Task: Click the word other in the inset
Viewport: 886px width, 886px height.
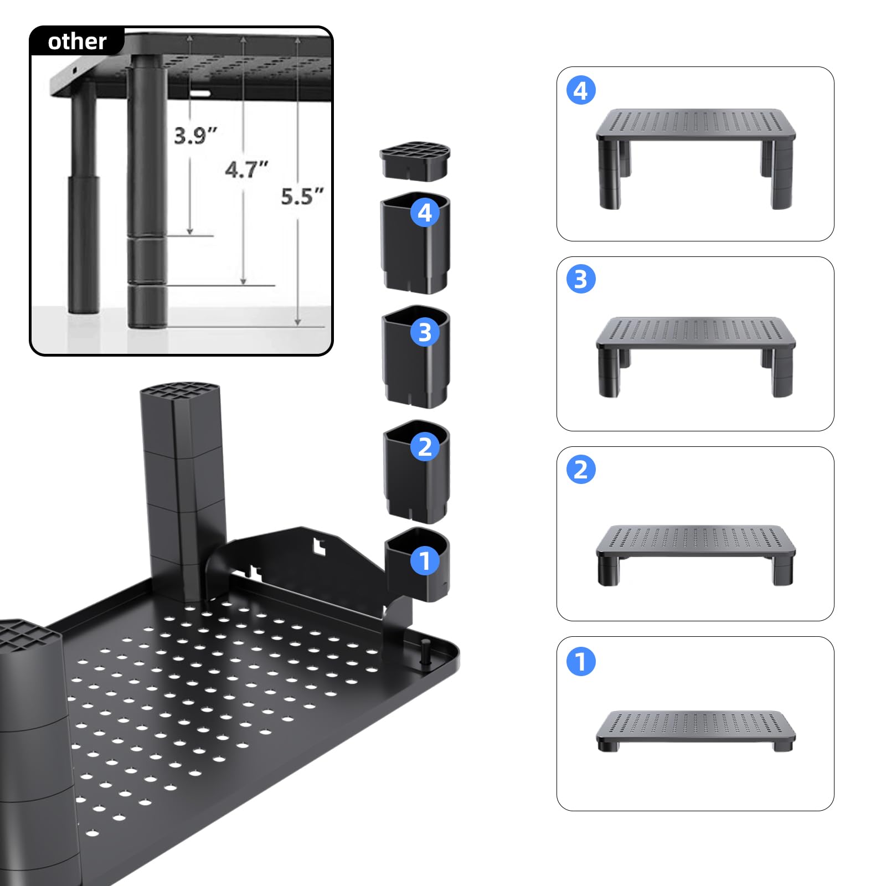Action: click(77, 42)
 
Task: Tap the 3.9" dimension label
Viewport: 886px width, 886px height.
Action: click(195, 135)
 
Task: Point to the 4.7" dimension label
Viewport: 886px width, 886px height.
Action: click(246, 169)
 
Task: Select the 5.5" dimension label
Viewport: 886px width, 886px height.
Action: click(302, 196)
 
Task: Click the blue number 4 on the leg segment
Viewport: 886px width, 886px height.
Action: click(425, 213)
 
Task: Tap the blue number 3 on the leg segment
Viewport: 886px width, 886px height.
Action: click(425, 332)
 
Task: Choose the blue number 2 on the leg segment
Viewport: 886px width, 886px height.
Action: click(425, 446)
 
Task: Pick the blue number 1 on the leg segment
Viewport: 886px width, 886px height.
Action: click(425, 560)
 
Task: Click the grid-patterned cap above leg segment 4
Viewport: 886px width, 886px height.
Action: click(414, 162)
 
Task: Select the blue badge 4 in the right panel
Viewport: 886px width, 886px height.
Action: click(581, 91)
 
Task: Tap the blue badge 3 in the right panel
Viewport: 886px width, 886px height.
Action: click(581, 279)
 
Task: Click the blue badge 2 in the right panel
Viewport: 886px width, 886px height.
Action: click(581, 470)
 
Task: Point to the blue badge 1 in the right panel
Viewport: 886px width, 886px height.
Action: click(581, 661)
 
